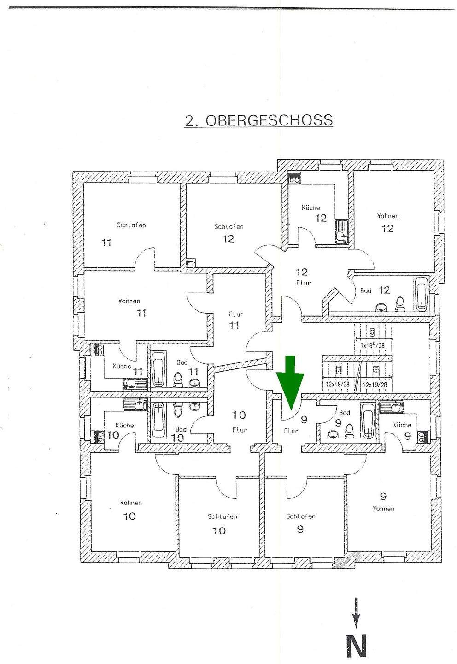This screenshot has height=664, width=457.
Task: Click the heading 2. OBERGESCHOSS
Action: pos(258,120)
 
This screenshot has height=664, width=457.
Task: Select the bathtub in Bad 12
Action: pos(422,294)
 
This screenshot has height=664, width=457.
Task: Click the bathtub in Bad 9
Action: pos(368,421)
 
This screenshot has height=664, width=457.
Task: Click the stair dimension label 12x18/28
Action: pos(337,384)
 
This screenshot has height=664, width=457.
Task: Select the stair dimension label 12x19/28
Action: pos(374,384)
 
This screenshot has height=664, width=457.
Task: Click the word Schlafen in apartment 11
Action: pos(131,225)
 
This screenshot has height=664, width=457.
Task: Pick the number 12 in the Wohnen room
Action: pos(387,228)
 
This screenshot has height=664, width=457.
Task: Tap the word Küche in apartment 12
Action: pos(311,208)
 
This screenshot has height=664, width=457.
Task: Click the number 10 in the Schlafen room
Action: pos(219,531)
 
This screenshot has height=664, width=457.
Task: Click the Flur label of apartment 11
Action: pos(236,314)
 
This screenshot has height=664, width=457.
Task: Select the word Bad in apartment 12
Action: pos(366,291)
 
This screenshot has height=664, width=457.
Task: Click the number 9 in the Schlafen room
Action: pos(300,529)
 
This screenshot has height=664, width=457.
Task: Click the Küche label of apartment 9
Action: pos(402,425)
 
